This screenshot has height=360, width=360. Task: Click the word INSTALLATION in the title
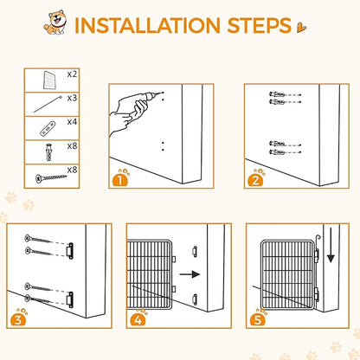147,25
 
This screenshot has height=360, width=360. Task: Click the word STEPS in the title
260,25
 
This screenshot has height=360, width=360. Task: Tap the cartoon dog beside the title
55,22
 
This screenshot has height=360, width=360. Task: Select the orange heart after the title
302,28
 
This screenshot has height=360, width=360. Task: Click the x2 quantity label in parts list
72,74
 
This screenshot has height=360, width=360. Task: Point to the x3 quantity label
72,99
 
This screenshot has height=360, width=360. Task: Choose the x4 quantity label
72,122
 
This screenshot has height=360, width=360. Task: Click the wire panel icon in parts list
49,80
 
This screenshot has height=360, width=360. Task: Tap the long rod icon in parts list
48,104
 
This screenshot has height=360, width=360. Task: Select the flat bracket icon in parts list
48,129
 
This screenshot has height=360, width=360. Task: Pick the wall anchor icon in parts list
48,152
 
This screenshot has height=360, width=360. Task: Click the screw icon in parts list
51,177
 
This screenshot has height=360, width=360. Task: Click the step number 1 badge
120,180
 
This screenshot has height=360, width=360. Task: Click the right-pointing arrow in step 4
190,274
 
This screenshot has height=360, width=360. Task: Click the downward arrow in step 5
331,245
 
